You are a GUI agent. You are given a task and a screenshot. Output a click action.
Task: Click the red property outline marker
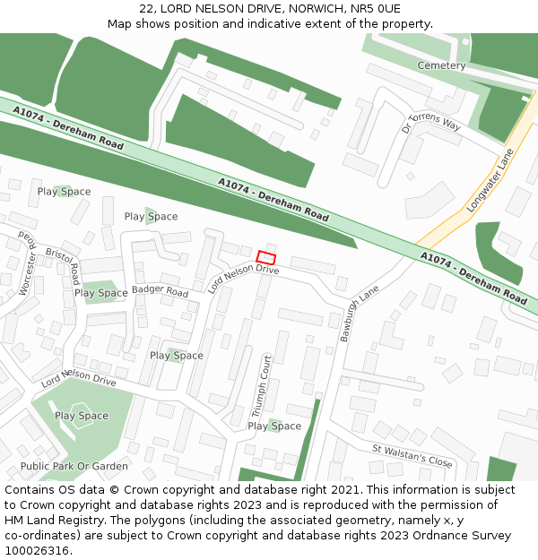(265, 256)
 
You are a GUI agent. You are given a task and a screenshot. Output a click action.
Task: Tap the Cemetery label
(441, 65)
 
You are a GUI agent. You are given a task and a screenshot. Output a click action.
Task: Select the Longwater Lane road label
(489, 182)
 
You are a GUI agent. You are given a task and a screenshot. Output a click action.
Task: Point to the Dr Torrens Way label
(431, 123)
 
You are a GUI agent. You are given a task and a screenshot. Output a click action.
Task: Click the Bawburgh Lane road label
(360, 307)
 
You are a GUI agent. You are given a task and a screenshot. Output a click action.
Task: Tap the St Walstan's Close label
(412, 455)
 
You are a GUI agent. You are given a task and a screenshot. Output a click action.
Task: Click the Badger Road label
(160, 291)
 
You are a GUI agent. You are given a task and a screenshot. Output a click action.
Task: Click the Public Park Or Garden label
(74, 466)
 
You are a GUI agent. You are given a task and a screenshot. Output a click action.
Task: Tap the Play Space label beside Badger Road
(100, 293)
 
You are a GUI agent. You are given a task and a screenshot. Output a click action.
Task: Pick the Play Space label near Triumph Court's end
(274, 426)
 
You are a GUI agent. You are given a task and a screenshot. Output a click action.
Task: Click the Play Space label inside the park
(82, 416)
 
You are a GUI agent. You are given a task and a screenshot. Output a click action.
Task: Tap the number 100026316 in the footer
(38, 550)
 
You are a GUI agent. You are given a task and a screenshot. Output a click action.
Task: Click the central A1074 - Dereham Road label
(273, 200)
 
